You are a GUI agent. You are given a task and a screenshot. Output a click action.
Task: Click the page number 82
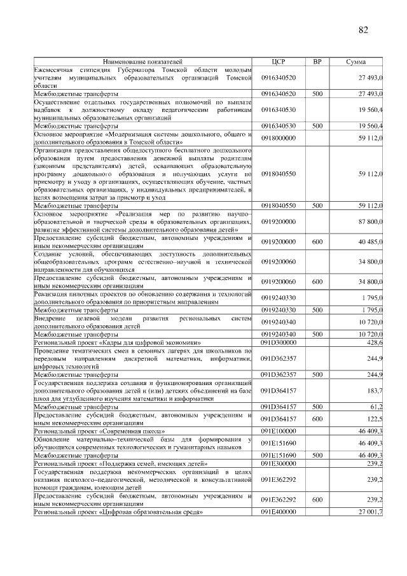pos(363,30)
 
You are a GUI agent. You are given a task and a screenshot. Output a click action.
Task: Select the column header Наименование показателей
pos(142,62)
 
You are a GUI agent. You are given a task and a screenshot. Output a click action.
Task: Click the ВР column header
pos(317,62)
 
